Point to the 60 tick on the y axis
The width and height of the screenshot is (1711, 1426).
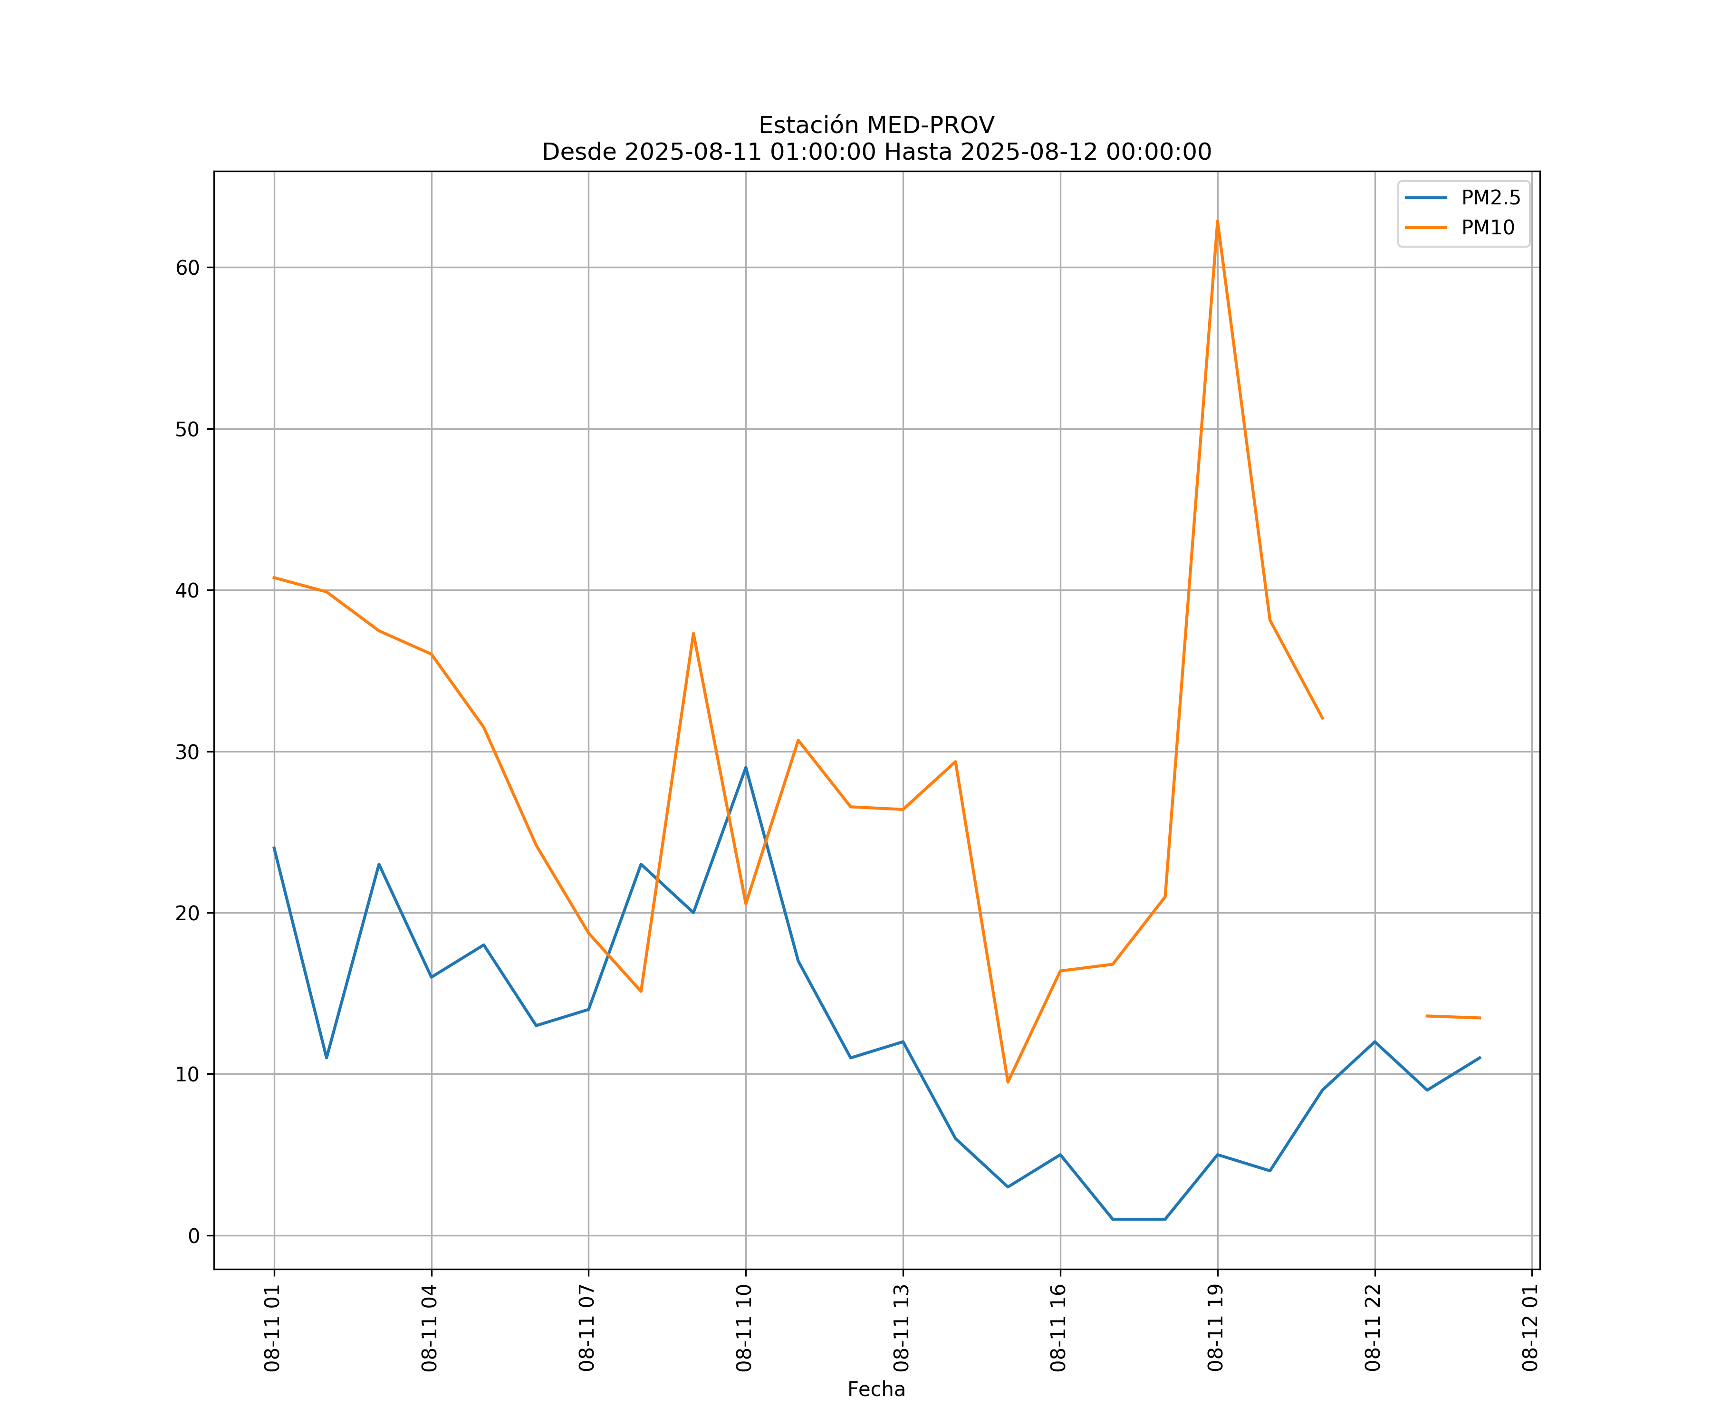click(187, 268)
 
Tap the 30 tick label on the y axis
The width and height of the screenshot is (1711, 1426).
click(187, 752)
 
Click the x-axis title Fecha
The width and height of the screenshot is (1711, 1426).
click(876, 1389)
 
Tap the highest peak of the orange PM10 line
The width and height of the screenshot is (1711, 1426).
click(1217, 221)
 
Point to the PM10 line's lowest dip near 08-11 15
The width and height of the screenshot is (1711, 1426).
click(1008, 1082)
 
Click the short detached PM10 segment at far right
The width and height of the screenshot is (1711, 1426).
click(1453, 1017)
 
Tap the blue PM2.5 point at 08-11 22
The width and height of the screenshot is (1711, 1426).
click(1375, 1041)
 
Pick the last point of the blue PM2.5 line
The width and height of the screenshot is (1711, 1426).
click(1480, 1058)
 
